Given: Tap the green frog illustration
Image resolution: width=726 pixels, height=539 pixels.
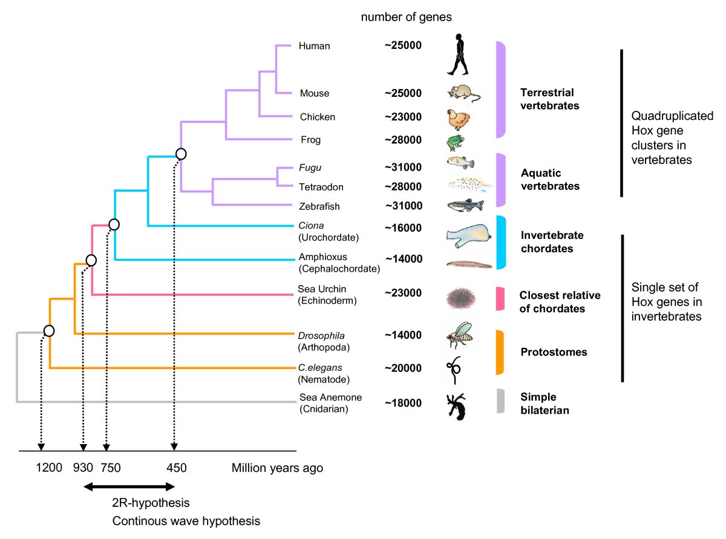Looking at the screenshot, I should point(455,142).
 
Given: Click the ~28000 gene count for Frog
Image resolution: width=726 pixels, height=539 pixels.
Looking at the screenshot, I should point(404,140).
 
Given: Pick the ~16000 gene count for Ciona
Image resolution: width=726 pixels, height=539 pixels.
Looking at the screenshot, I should point(404,228).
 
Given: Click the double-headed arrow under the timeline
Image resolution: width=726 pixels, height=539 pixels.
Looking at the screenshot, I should point(129,485).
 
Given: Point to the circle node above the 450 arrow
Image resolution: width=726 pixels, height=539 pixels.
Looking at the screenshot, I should point(180,154).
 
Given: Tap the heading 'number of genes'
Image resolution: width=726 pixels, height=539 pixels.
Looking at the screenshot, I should point(407,17).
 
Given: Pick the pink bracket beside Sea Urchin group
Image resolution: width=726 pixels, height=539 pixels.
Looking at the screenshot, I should point(500,298).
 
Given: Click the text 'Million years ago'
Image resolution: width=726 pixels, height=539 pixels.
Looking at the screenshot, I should point(278,468).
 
